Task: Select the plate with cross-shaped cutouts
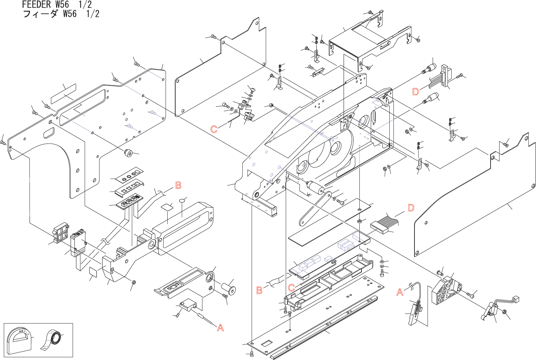[x=128, y=189]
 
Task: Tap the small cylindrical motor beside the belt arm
[x=315, y=188]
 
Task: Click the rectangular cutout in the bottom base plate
[x=267, y=343]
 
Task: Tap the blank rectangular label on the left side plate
[x=64, y=93]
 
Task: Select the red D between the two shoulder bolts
[x=416, y=92]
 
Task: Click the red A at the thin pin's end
[x=220, y=328]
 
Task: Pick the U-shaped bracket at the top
[x=368, y=43]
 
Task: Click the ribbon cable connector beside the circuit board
[x=379, y=227]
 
